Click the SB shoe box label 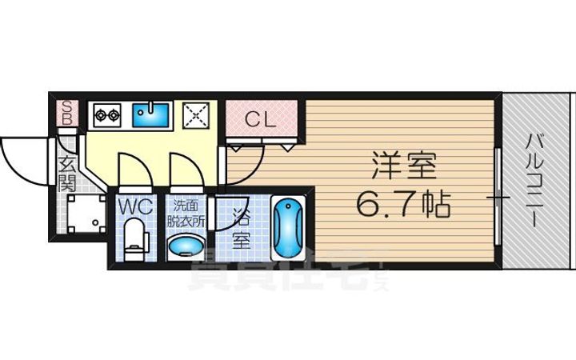[68, 114]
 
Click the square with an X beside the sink [196, 116]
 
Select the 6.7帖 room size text [402, 206]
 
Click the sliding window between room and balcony [498, 196]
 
